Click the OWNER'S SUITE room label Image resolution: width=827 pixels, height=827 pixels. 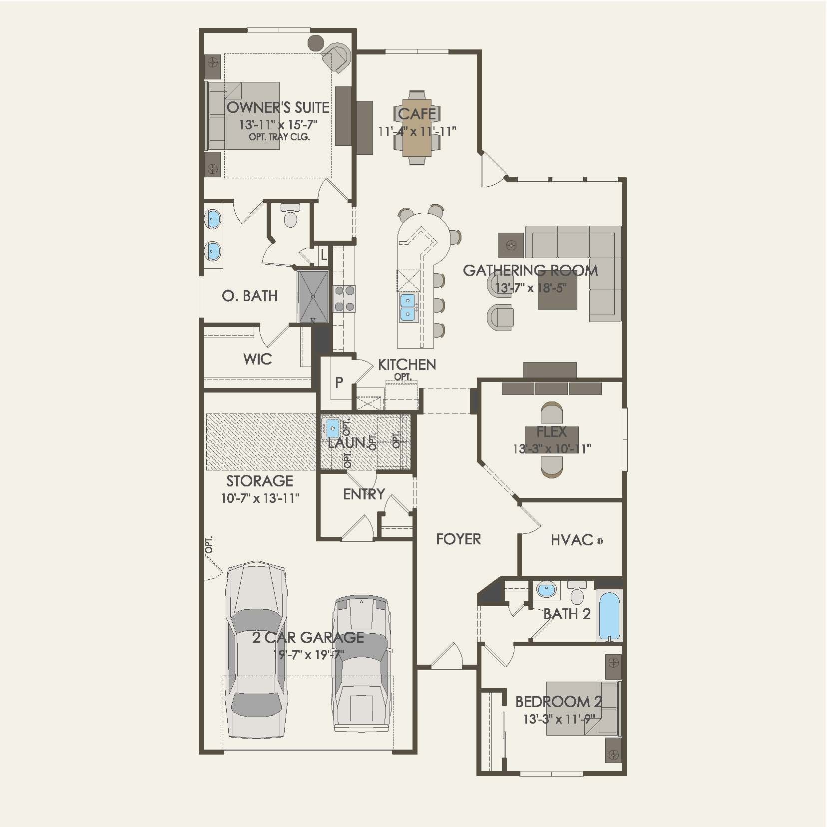[x=278, y=107]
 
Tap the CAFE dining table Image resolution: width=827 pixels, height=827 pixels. [x=417, y=128]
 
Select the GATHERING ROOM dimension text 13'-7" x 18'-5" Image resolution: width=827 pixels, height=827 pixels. [x=531, y=288]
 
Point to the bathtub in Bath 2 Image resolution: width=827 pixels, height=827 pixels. [x=609, y=615]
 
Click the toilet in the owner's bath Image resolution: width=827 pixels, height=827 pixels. [x=290, y=216]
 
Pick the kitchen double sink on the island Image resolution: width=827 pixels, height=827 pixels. [x=408, y=307]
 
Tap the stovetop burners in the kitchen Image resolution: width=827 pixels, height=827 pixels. [x=344, y=299]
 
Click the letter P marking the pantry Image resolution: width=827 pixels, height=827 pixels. [x=339, y=383]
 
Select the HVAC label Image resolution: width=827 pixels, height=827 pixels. [x=572, y=540]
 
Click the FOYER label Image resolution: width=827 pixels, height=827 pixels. [x=458, y=539]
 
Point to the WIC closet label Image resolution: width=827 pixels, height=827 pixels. [x=257, y=359]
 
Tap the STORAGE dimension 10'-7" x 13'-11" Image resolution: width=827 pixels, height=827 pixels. [x=260, y=498]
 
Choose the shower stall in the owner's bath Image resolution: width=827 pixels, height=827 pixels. [x=313, y=297]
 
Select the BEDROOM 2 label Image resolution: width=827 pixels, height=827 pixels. [x=558, y=702]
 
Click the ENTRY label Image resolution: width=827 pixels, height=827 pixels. [x=364, y=494]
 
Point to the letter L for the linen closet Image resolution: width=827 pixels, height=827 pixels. [x=324, y=256]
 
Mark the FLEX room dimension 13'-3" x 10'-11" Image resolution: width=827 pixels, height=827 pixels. [x=552, y=448]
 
